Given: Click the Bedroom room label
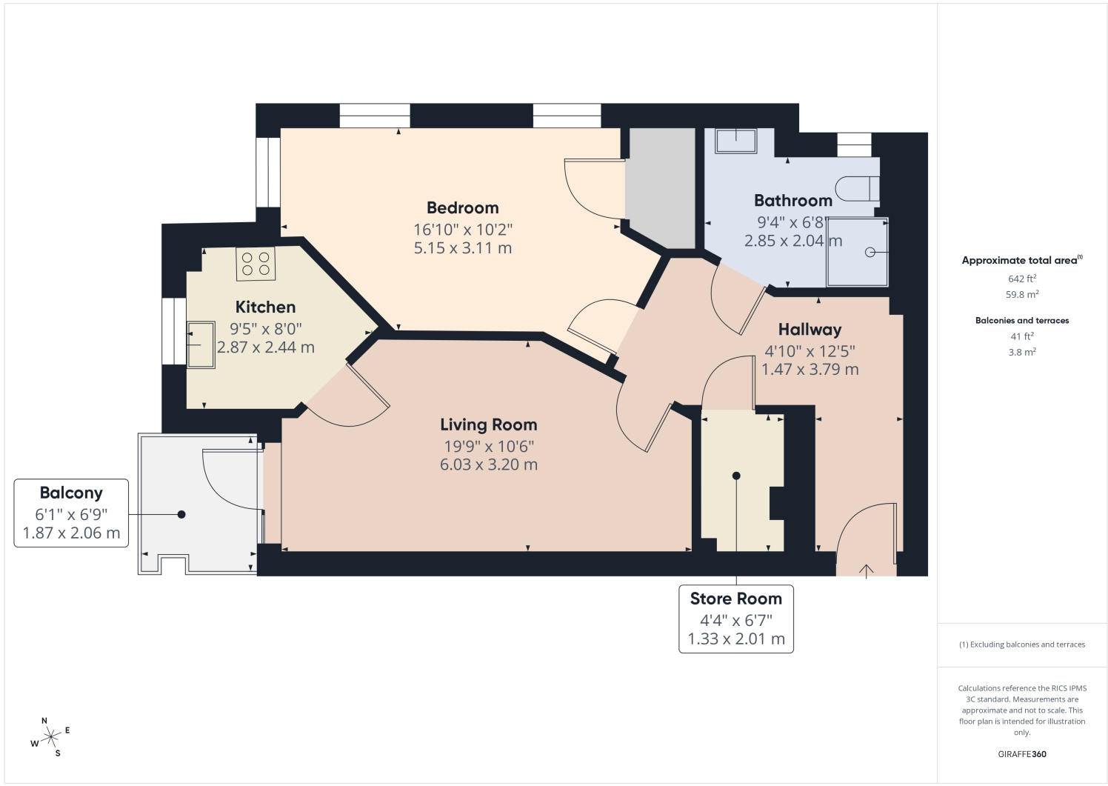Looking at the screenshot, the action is click(462, 207).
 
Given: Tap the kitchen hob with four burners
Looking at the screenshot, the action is click(256, 264).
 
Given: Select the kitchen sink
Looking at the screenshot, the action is click(201, 344).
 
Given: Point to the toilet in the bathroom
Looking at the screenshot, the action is click(857, 188).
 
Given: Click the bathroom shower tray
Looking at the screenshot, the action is click(857, 253).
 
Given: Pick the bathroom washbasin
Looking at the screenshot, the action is click(735, 141).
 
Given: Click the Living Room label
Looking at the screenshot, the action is click(489, 424).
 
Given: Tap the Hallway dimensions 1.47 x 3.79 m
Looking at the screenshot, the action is click(810, 370).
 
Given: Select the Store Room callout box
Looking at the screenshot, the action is click(736, 619).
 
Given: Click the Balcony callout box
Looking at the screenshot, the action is click(71, 513).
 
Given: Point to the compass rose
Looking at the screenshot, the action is click(50, 738).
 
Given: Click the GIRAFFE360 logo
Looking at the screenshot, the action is click(1022, 754).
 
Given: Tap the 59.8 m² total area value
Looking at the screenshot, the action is click(1022, 294).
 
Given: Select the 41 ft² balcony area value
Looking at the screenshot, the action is click(1022, 336).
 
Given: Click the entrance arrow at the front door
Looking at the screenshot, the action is click(866, 571).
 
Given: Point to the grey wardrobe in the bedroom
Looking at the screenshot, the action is click(660, 188).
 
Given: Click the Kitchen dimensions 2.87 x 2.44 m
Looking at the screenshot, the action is click(266, 347).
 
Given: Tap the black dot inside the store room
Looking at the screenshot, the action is click(736, 476).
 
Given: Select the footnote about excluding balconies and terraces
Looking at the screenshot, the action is click(1022, 645).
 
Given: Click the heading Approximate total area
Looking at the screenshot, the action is click(1019, 260).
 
